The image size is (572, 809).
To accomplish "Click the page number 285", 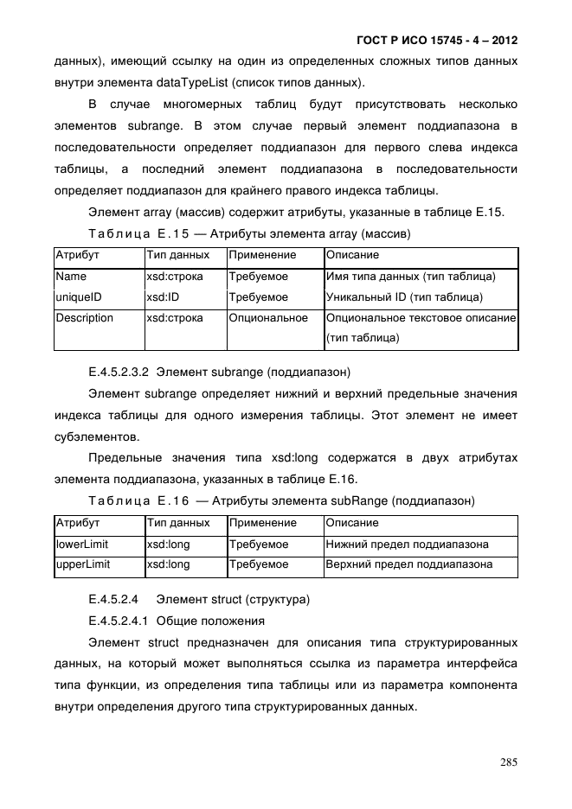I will click(508, 762).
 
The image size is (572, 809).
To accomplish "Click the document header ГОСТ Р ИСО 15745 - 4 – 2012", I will click(437, 41).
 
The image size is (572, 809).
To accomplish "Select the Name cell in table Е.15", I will click(71, 277).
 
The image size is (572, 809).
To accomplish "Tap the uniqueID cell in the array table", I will click(79, 297).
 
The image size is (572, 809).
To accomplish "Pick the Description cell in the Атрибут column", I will click(84, 318).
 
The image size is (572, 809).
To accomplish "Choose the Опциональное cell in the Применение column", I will click(268, 318).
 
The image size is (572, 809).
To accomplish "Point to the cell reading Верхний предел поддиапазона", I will click(408, 564).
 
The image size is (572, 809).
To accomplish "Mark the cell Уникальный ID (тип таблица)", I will click(404, 297).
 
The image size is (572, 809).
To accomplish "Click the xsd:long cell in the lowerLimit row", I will click(168, 545).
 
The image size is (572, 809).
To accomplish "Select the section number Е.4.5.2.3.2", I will click(119, 373).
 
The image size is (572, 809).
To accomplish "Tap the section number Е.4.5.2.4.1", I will click(119, 621).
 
